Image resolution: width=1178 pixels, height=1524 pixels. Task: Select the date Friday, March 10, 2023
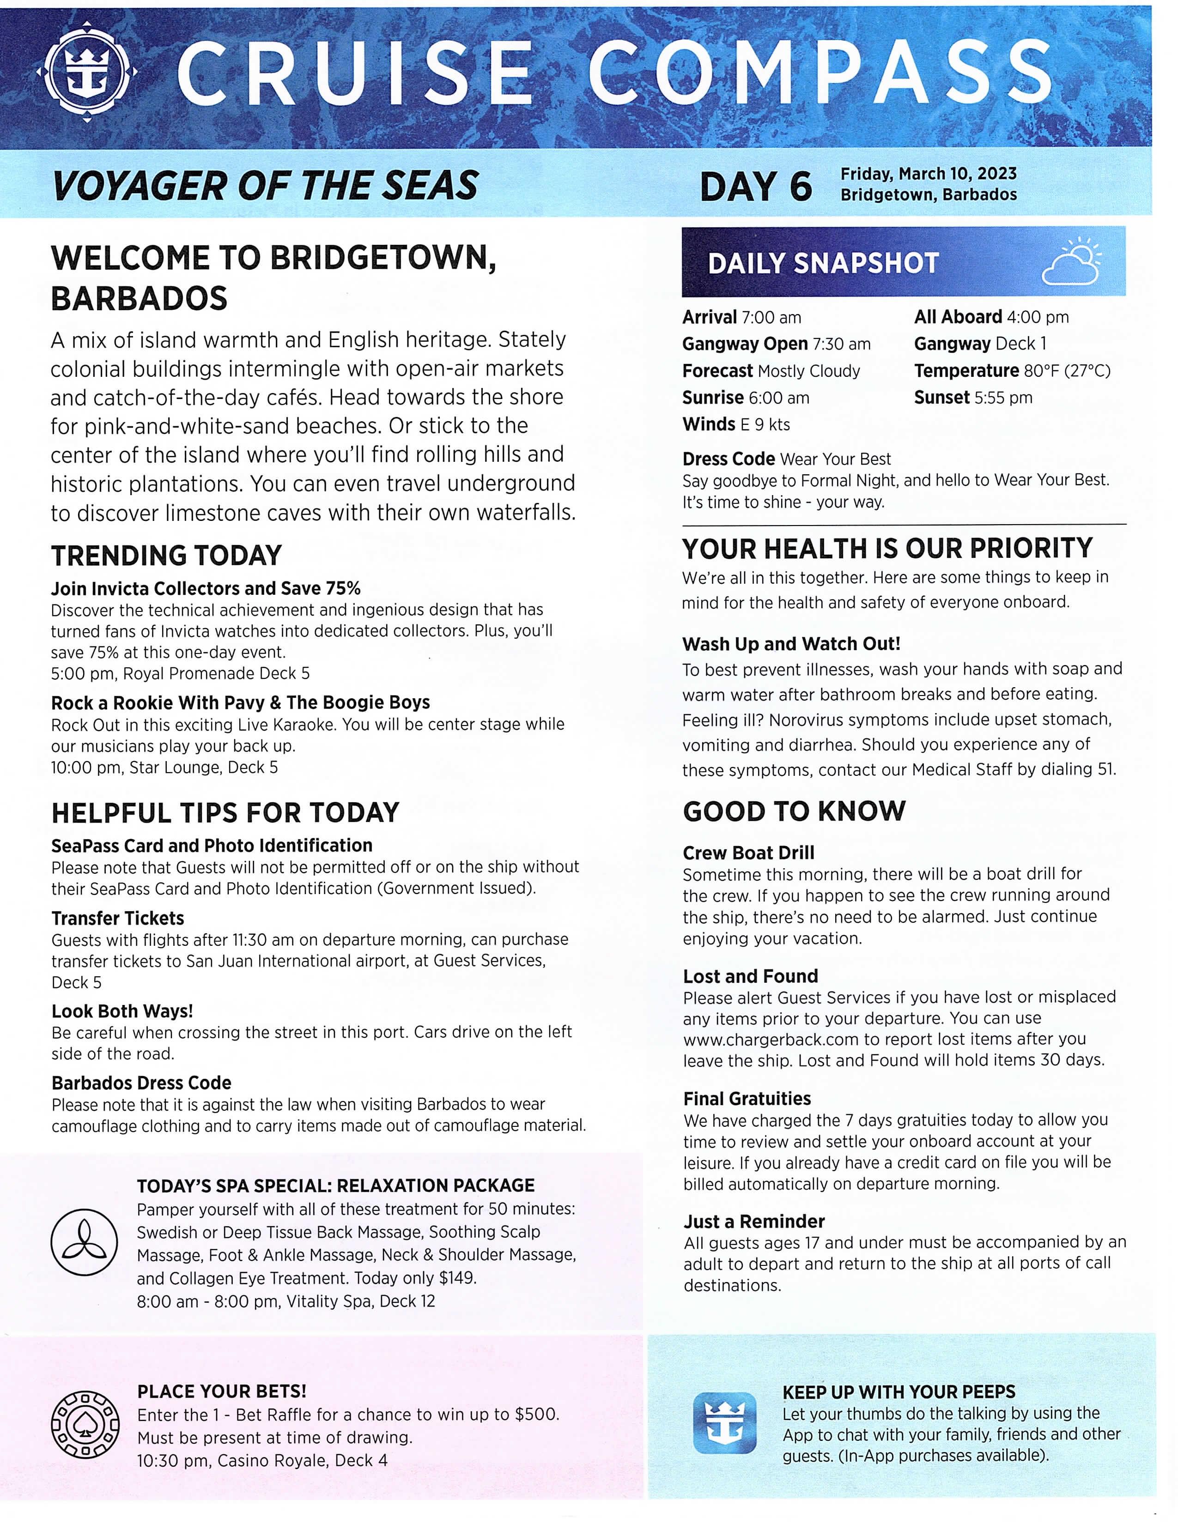[x=928, y=174]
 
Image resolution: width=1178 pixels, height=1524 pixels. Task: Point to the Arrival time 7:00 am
[x=771, y=318]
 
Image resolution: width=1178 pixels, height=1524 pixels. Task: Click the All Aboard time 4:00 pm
[x=1038, y=318]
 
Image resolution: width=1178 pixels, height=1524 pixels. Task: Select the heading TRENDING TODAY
[x=166, y=556]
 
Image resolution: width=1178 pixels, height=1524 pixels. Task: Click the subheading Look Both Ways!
[x=122, y=1011]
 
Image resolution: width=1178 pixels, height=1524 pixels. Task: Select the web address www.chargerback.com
[x=771, y=1039]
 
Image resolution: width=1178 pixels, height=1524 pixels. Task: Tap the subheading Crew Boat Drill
[x=748, y=853]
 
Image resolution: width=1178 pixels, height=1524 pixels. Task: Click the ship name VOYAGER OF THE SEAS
[x=265, y=186]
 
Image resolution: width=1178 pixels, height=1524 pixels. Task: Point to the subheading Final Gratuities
[x=747, y=1098]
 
